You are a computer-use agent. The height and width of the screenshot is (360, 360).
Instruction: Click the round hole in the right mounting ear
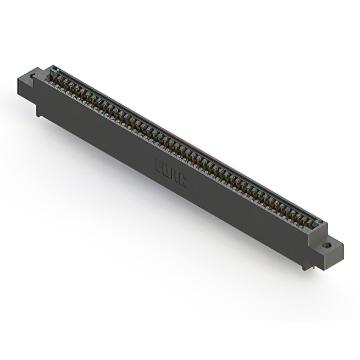point(326,246)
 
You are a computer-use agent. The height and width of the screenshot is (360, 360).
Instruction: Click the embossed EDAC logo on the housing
point(170,173)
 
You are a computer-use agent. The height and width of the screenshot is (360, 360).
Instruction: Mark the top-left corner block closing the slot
point(52,69)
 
